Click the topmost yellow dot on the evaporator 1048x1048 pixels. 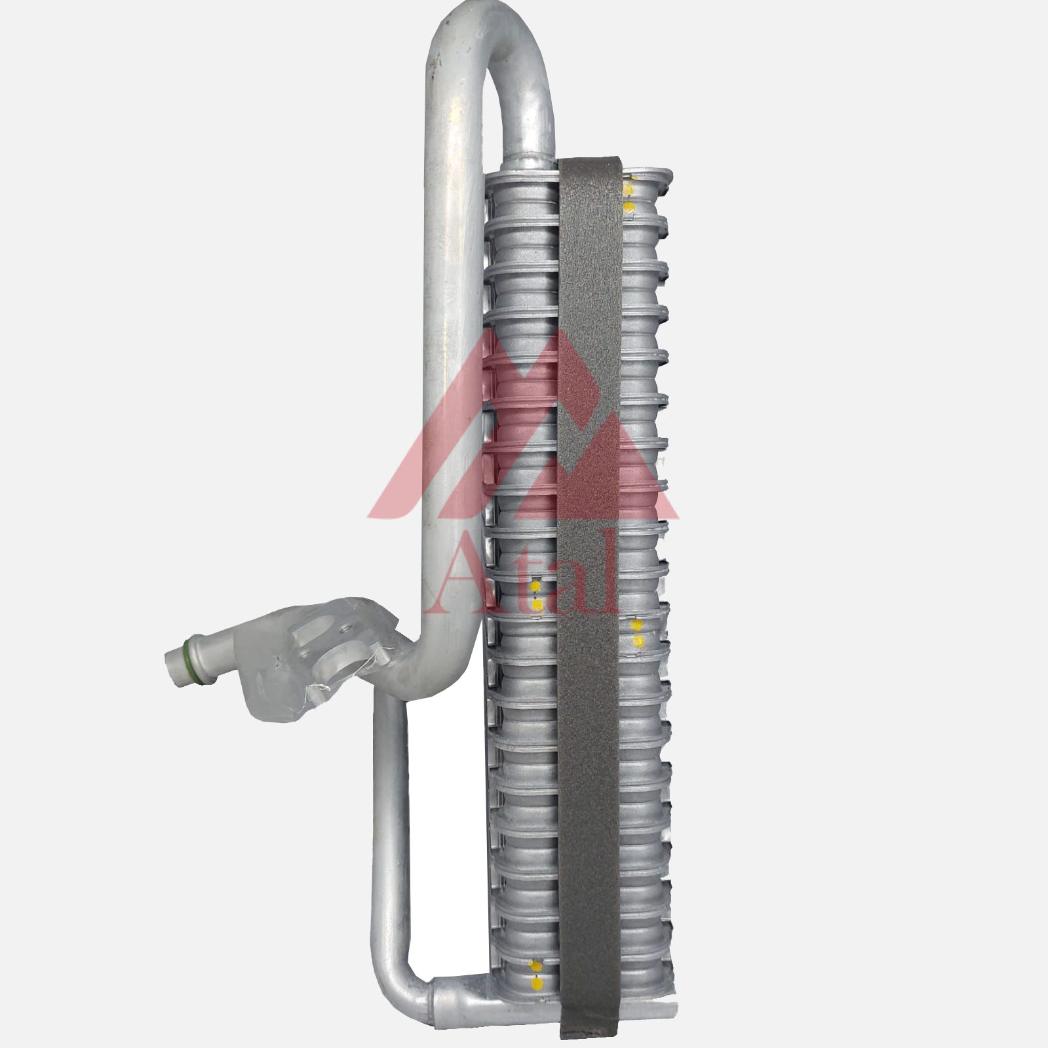point(629,190)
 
